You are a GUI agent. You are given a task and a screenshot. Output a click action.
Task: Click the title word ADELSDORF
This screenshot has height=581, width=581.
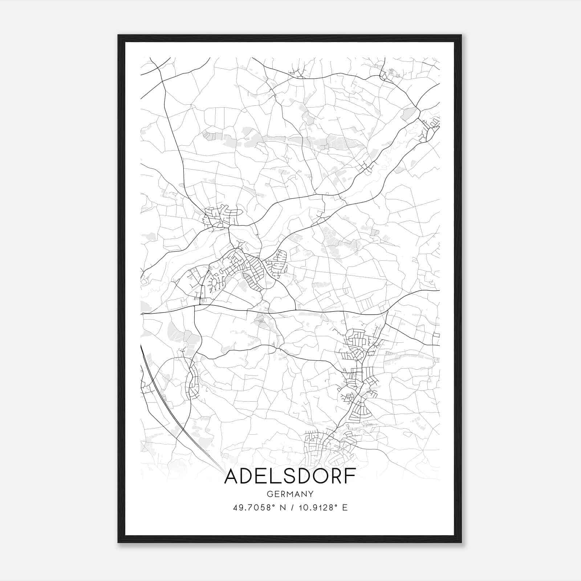tap(290, 477)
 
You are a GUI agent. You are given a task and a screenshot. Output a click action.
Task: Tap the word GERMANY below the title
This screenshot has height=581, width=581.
tap(290, 494)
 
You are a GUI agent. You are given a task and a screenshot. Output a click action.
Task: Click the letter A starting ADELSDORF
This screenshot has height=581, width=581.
tap(232, 477)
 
